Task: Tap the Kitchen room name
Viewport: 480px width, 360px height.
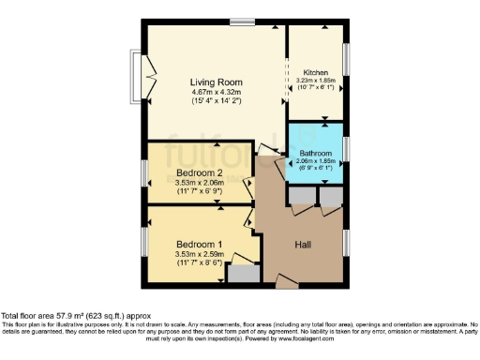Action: point(315,72)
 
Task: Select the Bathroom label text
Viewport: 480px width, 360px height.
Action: point(315,153)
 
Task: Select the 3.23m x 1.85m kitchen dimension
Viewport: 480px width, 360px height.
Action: point(315,82)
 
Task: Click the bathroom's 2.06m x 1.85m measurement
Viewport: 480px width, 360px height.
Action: point(315,162)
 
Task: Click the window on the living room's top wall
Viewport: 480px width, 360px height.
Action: point(243,22)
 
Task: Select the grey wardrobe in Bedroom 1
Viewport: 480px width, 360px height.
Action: point(242,275)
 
